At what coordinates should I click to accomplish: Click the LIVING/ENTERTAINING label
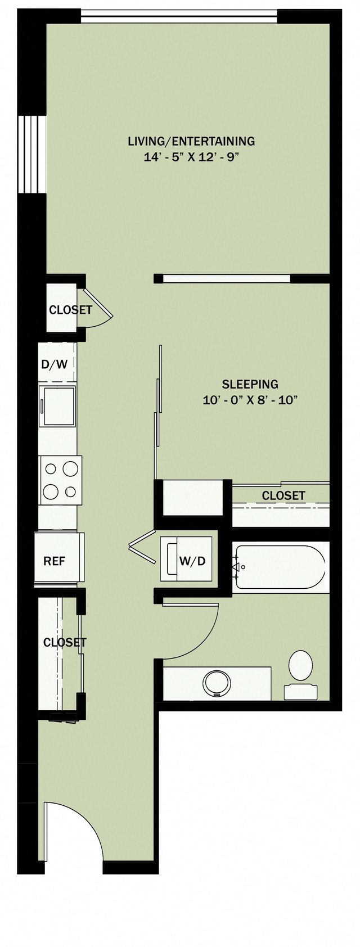[191, 141]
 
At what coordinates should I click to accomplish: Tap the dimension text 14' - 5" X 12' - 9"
[191, 157]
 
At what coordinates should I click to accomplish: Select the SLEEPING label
[250, 385]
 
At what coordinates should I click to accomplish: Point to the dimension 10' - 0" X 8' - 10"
[250, 400]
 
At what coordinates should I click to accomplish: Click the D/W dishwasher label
[55, 364]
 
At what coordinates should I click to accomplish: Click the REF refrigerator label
[55, 561]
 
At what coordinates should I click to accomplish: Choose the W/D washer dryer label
[192, 561]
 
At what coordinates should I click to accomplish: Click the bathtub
[280, 567]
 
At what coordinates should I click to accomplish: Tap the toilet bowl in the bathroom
[300, 665]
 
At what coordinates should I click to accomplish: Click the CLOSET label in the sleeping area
[283, 495]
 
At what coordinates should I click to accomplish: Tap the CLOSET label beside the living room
[70, 310]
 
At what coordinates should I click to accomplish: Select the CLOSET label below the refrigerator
[65, 642]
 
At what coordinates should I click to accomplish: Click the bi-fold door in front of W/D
[143, 545]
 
